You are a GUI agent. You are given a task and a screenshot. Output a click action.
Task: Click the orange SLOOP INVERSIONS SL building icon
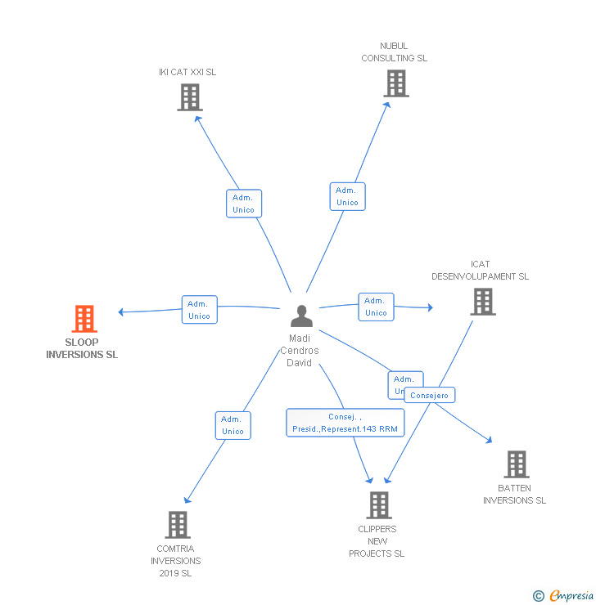[x=84, y=318]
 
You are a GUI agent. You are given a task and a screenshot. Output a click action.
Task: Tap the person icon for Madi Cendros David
[x=301, y=316]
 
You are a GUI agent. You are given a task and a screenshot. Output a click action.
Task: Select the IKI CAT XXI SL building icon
[x=189, y=97]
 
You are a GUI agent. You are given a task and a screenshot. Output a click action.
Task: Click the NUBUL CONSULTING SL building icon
[x=395, y=83]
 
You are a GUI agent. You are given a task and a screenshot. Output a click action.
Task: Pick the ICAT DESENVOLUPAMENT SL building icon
[x=482, y=301]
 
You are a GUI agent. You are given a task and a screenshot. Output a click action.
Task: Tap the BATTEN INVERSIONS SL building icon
[x=516, y=464]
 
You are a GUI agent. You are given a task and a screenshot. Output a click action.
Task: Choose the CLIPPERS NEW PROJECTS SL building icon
[x=378, y=504]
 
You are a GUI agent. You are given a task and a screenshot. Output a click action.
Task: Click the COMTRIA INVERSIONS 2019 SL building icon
[x=177, y=524]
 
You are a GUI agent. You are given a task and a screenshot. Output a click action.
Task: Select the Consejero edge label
[x=429, y=395]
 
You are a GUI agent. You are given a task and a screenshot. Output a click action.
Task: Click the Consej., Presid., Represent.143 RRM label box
[x=345, y=422]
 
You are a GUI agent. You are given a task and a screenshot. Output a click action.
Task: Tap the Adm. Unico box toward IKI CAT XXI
[x=243, y=204]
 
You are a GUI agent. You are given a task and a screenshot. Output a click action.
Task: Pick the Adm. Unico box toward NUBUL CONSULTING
[x=347, y=196]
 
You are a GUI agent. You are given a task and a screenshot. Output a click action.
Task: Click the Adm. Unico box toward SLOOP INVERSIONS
[x=199, y=310]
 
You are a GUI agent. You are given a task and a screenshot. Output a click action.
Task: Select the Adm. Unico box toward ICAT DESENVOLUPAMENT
[x=376, y=307]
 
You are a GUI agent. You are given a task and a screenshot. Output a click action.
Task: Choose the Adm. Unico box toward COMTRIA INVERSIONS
[x=233, y=425]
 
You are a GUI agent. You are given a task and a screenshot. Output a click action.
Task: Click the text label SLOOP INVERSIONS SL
[x=82, y=349]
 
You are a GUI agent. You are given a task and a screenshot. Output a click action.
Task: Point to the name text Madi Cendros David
[x=300, y=351]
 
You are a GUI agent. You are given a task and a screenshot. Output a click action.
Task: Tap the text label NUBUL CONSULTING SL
[x=394, y=52]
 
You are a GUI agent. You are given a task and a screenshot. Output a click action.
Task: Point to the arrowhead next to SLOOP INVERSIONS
[x=122, y=311]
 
